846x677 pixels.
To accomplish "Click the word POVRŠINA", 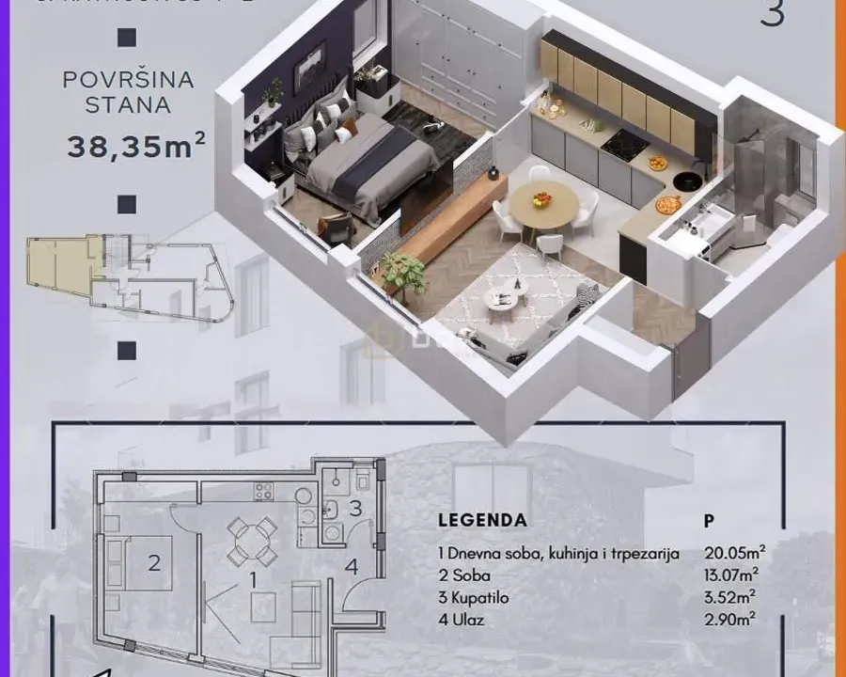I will point(128,80).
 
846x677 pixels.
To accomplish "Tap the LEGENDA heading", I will point(483,520).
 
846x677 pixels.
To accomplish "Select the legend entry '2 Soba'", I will point(464,575).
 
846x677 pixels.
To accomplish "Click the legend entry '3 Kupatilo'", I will point(477,596).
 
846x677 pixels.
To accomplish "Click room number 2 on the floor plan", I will point(155,563).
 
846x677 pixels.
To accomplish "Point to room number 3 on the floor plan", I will point(354,509).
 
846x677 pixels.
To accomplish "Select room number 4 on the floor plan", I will point(350,566).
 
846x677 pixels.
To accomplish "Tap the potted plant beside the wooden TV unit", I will point(403,274).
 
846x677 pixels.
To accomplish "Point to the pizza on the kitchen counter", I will point(666,204).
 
